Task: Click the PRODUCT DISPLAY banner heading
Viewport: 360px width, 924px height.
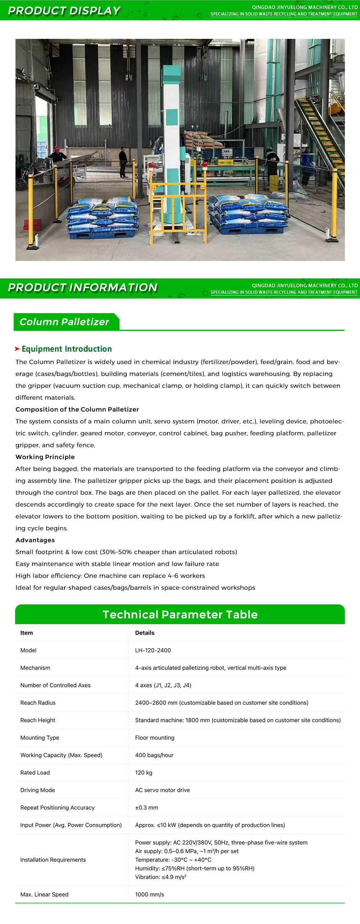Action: (x=64, y=11)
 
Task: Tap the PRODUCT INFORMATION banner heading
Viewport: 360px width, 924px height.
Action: (x=83, y=288)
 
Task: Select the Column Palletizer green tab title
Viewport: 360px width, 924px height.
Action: (x=64, y=322)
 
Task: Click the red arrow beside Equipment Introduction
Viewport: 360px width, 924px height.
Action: (x=17, y=349)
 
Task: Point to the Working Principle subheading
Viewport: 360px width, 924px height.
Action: (x=45, y=457)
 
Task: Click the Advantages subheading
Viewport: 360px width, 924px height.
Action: (x=35, y=540)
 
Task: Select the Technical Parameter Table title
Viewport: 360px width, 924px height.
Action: (x=180, y=614)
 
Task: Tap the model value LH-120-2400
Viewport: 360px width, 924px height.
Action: (x=153, y=650)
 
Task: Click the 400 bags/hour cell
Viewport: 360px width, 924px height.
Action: (x=154, y=755)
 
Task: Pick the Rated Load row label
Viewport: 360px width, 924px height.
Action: (x=35, y=772)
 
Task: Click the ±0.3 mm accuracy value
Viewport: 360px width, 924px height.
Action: (x=147, y=807)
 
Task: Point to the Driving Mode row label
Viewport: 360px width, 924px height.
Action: (x=37, y=790)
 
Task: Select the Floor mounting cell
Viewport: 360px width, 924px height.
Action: (x=154, y=738)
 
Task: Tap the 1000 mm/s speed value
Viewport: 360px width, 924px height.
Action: (x=149, y=894)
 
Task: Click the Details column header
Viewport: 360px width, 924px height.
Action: (x=145, y=633)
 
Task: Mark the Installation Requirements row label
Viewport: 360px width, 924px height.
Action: (x=53, y=860)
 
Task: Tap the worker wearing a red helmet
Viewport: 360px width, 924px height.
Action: (x=57, y=154)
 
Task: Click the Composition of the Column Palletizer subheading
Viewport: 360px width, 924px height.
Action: (x=77, y=409)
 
